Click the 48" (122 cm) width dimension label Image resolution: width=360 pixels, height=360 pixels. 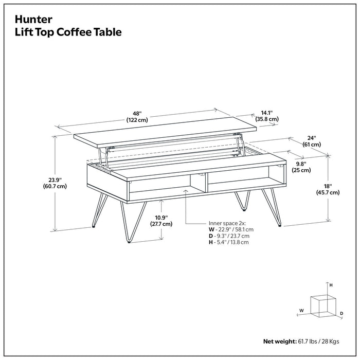click(x=137, y=116)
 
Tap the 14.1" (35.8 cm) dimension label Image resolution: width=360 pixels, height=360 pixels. click(x=267, y=115)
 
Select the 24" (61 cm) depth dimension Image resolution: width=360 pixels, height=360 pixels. click(x=312, y=141)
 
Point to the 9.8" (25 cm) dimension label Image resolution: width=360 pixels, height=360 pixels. click(x=301, y=166)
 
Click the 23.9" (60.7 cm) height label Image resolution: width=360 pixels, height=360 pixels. click(x=55, y=183)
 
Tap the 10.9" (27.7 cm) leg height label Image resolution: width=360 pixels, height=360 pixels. click(x=161, y=220)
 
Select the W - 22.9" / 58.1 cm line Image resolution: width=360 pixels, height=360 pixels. click(x=231, y=230)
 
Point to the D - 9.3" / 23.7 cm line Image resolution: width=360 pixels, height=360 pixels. click(x=230, y=236)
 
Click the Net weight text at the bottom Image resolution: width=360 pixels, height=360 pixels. click(x=301, y=341)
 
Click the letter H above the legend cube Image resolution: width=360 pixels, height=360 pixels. click(x=331, y=285)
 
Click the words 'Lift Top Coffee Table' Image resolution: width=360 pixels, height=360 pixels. click(x=68, y=32)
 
